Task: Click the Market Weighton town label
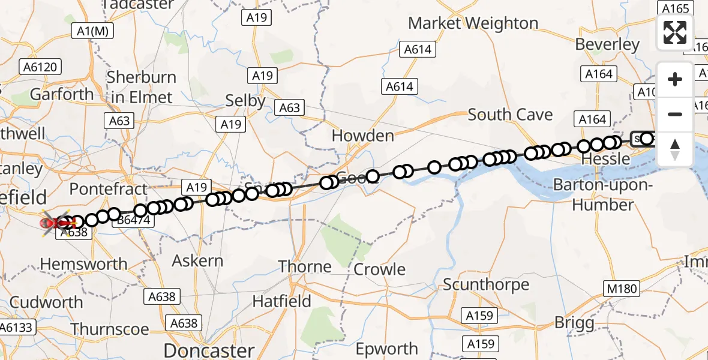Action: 473,23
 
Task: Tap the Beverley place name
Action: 607,45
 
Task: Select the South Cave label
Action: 510,114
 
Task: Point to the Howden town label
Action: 363,136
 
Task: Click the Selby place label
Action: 245,101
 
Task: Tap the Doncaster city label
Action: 209,350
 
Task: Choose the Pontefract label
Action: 108,189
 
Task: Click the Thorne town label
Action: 305,266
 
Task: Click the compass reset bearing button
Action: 675,149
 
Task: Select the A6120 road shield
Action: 41,66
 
